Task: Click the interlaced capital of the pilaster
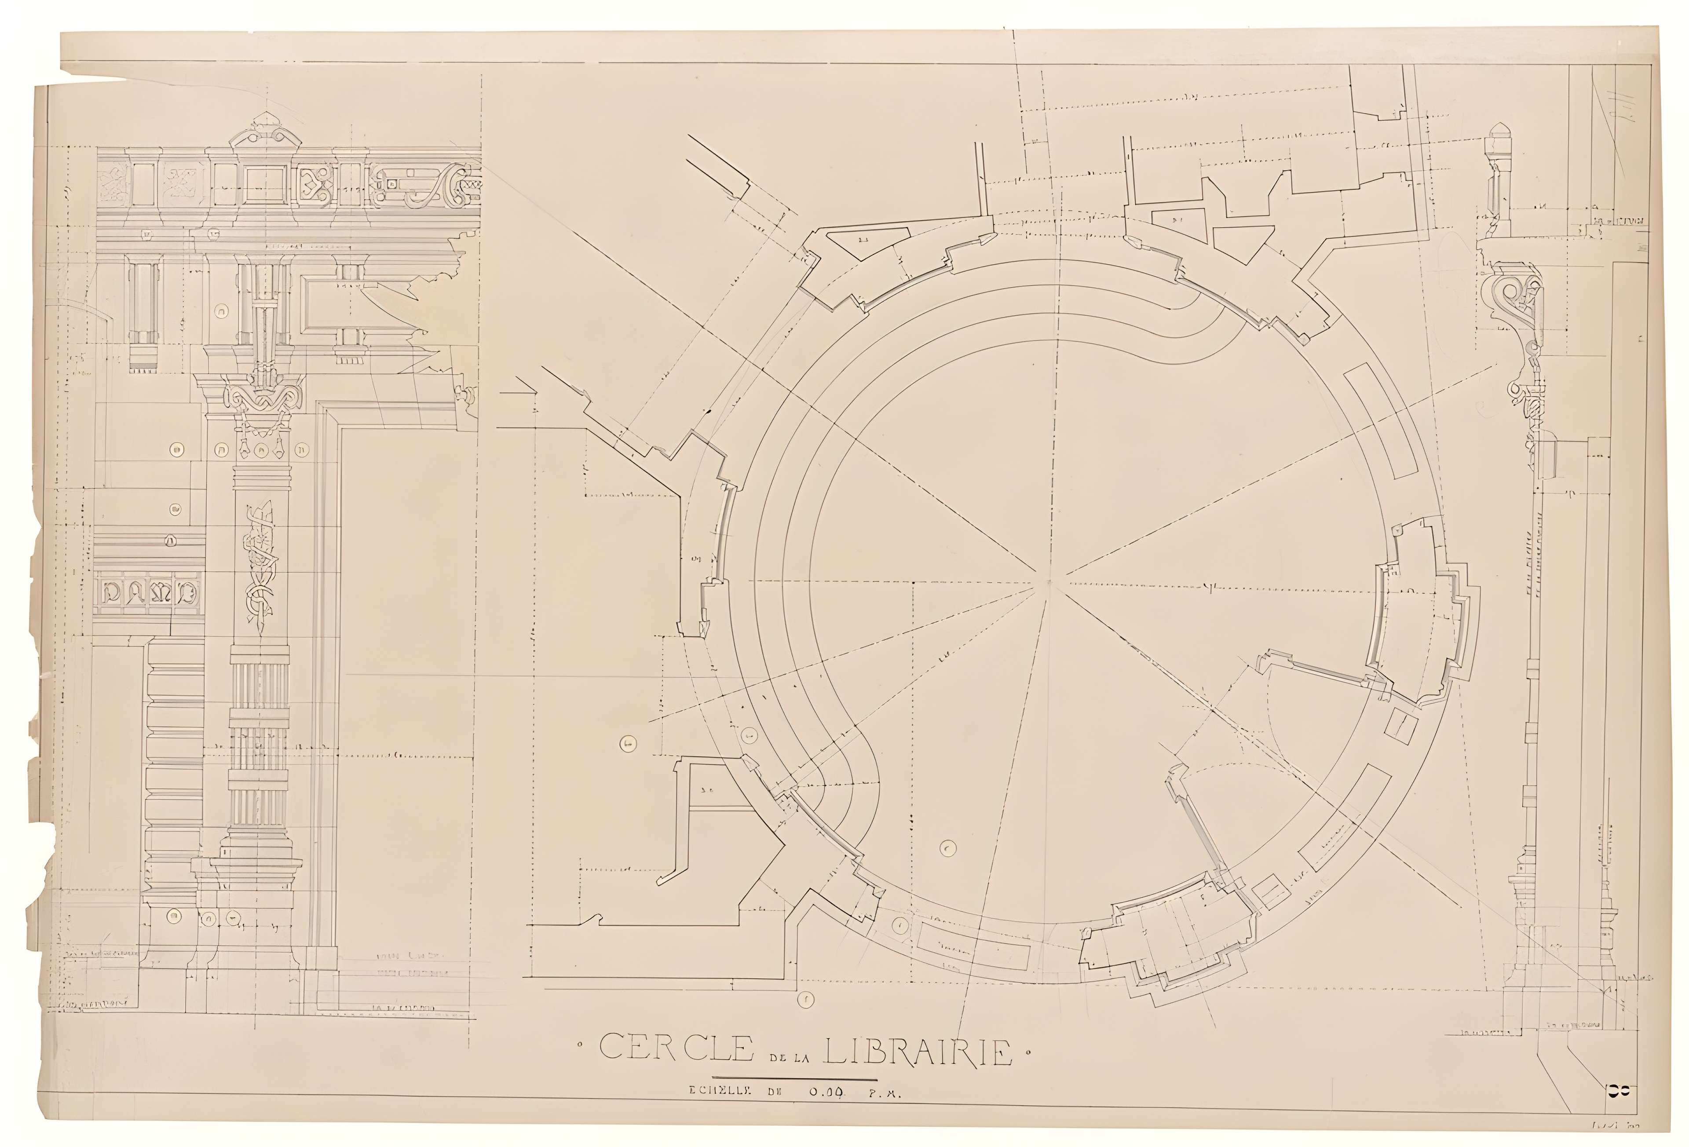(x=262, y=396)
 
